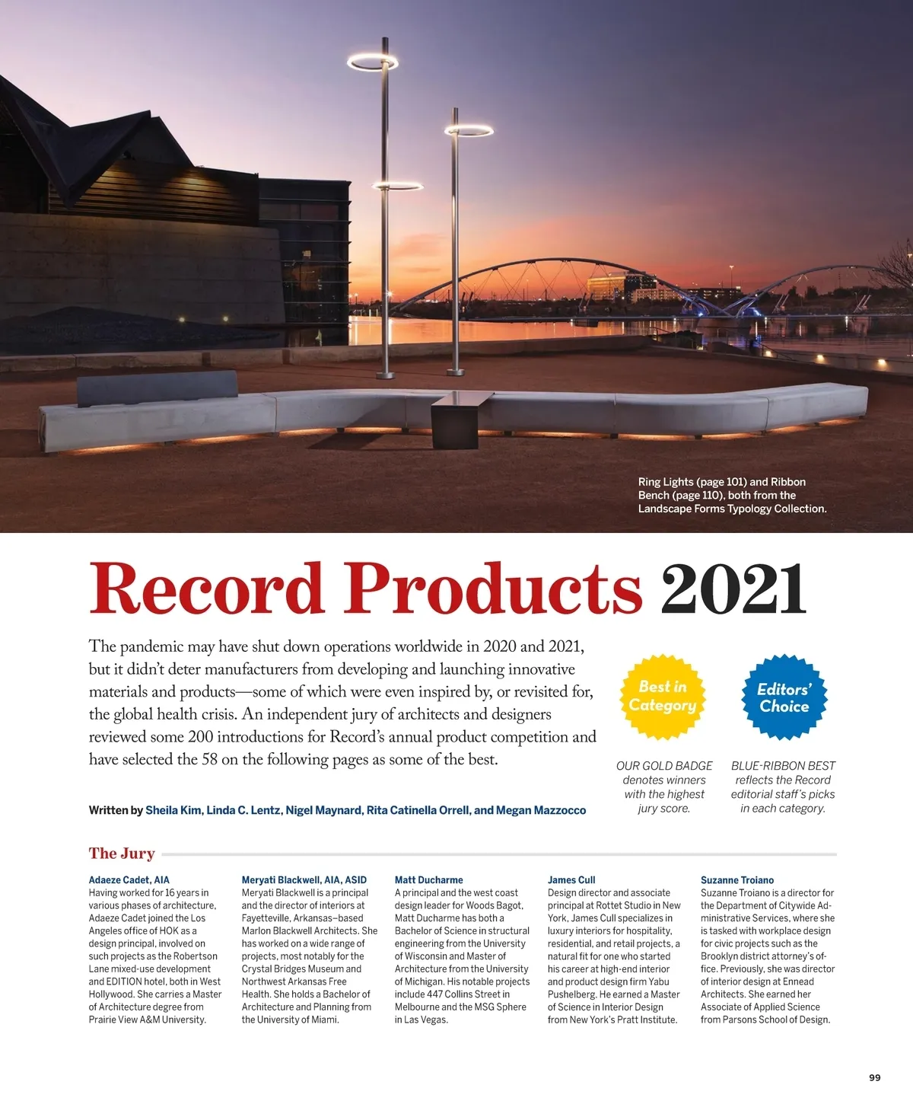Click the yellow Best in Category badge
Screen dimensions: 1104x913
(x=663, y=696)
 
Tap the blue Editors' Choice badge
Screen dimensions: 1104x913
(x=784, y=697)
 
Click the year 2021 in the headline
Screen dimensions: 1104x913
(x=733, y=589)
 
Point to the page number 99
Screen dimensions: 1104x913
(x=874, y=1077)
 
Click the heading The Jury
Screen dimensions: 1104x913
(x=122, y=854)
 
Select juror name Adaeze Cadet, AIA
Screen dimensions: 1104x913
(x=129, y=880)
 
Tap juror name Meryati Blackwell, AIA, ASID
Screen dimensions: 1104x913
(x=304, y=880)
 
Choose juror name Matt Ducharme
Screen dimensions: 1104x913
(x=429, y=880)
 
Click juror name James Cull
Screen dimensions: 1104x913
(x=571, y=880)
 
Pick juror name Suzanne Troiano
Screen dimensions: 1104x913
(x=737, y=880)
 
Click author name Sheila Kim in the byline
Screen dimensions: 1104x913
(x=173, y=810)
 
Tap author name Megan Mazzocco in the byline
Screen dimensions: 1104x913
(x=541, y=810)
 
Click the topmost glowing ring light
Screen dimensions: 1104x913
(x=373, y=60)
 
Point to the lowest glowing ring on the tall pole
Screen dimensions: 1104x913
(x=397, y=185)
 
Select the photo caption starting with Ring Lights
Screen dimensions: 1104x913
(x=732, y=495)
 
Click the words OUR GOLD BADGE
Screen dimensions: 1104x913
(x=664, y=766)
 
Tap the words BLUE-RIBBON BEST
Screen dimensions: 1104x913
(x=783, y=766)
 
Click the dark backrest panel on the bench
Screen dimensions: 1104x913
(x=157, y=389)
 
